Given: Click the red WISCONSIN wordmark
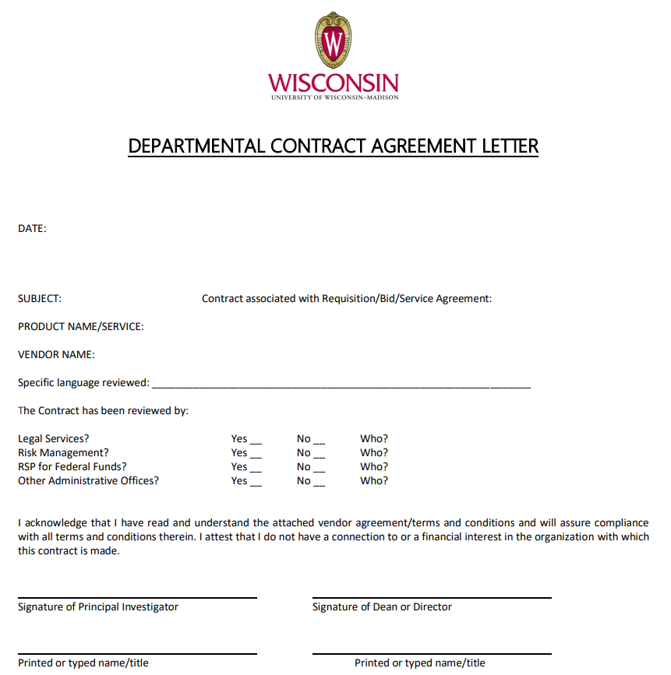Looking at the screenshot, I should coord(334,83).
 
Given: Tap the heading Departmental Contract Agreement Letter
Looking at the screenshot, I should coord(334,146).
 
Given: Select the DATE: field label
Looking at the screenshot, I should coord(32,229).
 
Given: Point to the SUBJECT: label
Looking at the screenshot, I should coord(40,298).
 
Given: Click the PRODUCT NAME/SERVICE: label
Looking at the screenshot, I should coord(81,327).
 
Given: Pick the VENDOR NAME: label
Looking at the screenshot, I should coord(56,355).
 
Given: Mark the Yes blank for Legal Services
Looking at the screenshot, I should coord(256,441).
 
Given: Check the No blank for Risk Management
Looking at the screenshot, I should coord(320,455).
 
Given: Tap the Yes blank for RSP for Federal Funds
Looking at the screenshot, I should coord(256,469).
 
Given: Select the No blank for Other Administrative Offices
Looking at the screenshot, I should coord(320,483).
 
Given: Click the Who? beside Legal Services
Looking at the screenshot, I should coord(374,439).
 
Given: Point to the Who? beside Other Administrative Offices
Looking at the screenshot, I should coord(374,481).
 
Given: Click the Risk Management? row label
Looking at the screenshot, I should coord(63,453).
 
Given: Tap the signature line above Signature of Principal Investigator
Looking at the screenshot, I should coord(137,597).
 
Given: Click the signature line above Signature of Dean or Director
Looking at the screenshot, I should coord(432,597).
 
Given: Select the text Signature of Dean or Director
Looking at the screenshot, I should coord(382,607).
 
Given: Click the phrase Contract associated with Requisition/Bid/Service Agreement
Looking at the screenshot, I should coord(347,298).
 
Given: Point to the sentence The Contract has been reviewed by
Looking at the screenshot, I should coord(103,411).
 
